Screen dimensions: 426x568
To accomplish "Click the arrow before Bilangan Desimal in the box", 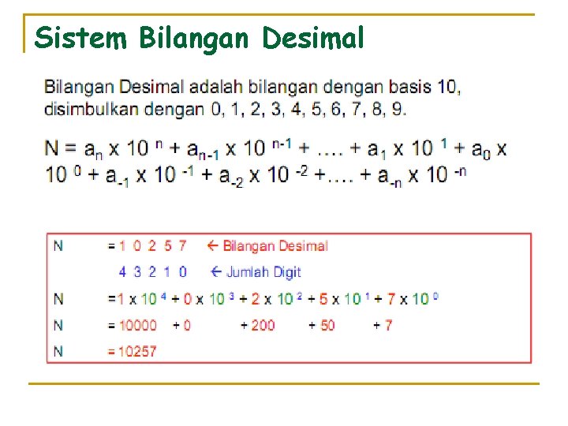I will click(212, 245).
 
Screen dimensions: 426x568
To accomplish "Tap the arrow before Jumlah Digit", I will click(218, 272).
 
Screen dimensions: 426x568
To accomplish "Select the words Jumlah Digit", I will click(263, 272).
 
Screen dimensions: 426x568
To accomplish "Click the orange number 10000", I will click(137, 325).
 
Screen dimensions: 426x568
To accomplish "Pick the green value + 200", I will click(258, 325).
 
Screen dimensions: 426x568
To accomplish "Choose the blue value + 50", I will click(321, 325).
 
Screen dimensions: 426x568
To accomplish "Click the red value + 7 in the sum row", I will click(383, 325).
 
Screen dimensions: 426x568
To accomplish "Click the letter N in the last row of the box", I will click(58, 352).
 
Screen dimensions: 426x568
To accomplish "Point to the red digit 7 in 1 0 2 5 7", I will click(182, 245).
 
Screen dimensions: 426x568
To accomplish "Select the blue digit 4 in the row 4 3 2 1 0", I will click(122, 272).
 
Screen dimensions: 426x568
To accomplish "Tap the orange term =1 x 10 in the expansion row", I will click(130, 299).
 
